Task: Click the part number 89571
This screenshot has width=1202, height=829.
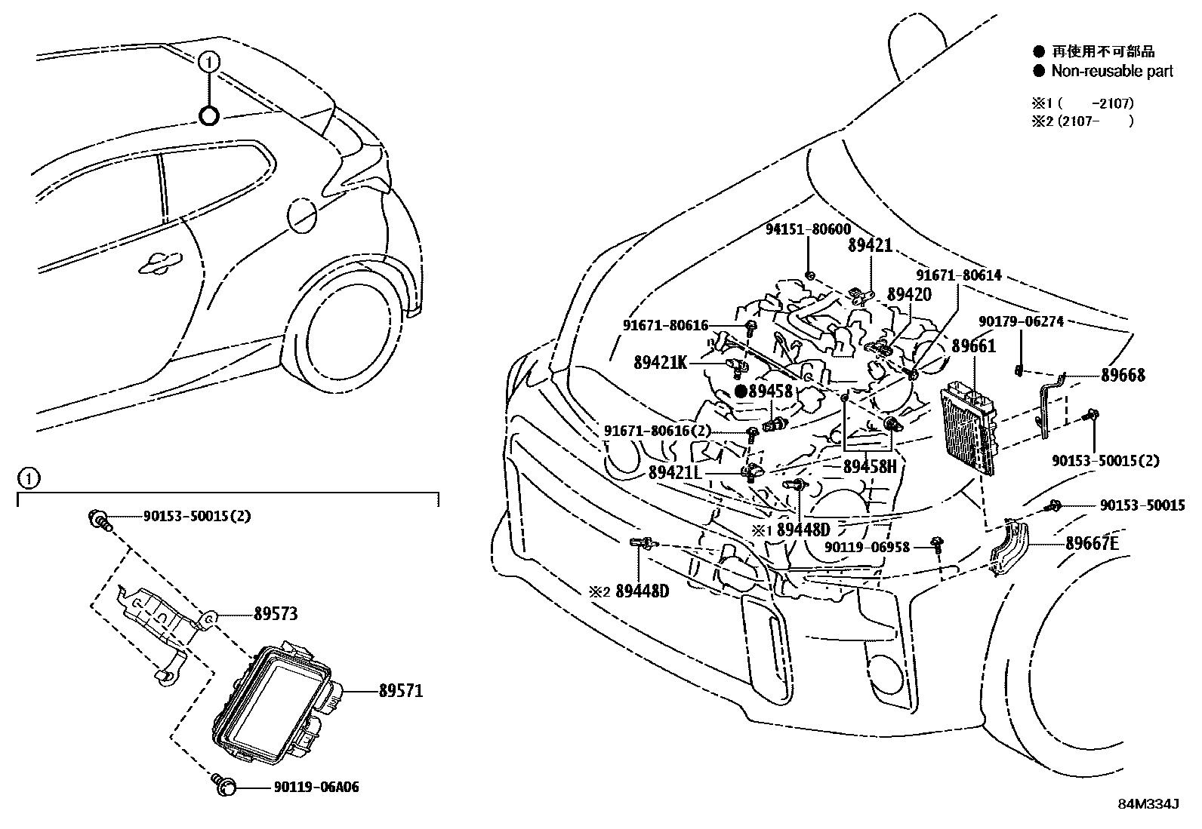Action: (x=400, y=690)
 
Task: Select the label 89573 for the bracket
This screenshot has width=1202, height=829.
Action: (x=275, y=614)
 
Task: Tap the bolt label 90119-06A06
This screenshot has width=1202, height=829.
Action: (x=316, y=788)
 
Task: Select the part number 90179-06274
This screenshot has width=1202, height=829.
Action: (x=1021, y=321)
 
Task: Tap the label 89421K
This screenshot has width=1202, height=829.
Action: (x=660, y=362)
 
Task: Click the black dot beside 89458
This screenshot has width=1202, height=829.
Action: (x=741, y=391)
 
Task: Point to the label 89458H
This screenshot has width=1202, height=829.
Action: (x=870, y=467)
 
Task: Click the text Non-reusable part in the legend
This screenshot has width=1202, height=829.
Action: (x=1112, y=71)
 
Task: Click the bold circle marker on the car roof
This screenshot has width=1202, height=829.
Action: (x=209, y=115)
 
